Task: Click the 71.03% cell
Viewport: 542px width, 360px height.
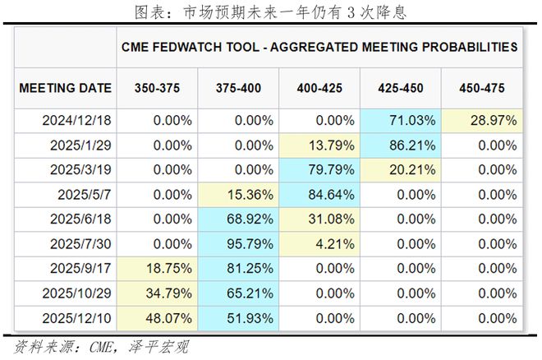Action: tap(400, 121)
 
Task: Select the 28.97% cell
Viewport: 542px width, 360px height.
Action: tap(482, 121)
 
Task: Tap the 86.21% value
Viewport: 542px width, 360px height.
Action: tap(412, 145)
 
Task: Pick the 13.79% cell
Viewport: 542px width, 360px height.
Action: tap(319, 145)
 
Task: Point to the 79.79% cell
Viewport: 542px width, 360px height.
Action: tap(319, 170)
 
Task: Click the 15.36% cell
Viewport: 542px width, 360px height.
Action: tap(238, 195)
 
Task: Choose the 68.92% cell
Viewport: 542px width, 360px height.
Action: tap(238, 219)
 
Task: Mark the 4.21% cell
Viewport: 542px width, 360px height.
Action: tap(319, 244)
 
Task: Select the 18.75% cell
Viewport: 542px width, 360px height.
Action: tap(158, 269)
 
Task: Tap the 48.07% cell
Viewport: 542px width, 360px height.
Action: tap(158, 318)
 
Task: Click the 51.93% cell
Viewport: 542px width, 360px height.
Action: tap(238, 318)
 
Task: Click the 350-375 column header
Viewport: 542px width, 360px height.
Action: tap(158, 88)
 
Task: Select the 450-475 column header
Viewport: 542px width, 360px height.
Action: tap(482, 88)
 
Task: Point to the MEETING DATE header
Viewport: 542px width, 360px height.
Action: tap(66, 88)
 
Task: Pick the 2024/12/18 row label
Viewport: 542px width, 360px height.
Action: tap(76, 121)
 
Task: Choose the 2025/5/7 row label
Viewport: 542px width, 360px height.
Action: tap(85, 195)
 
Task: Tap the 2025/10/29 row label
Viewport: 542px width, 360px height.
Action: tap(76, 293)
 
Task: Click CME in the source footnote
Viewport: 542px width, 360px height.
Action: tap(101, 347)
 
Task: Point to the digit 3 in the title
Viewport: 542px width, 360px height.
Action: tap(351, 13)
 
